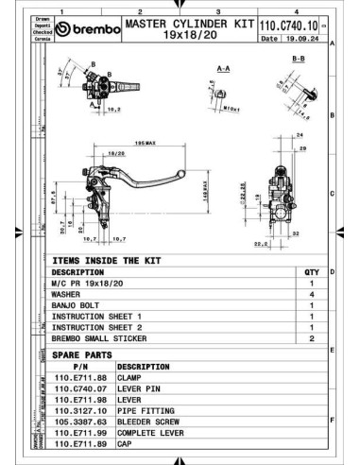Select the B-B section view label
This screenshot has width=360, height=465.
298,59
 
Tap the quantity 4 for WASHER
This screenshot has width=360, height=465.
313,294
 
